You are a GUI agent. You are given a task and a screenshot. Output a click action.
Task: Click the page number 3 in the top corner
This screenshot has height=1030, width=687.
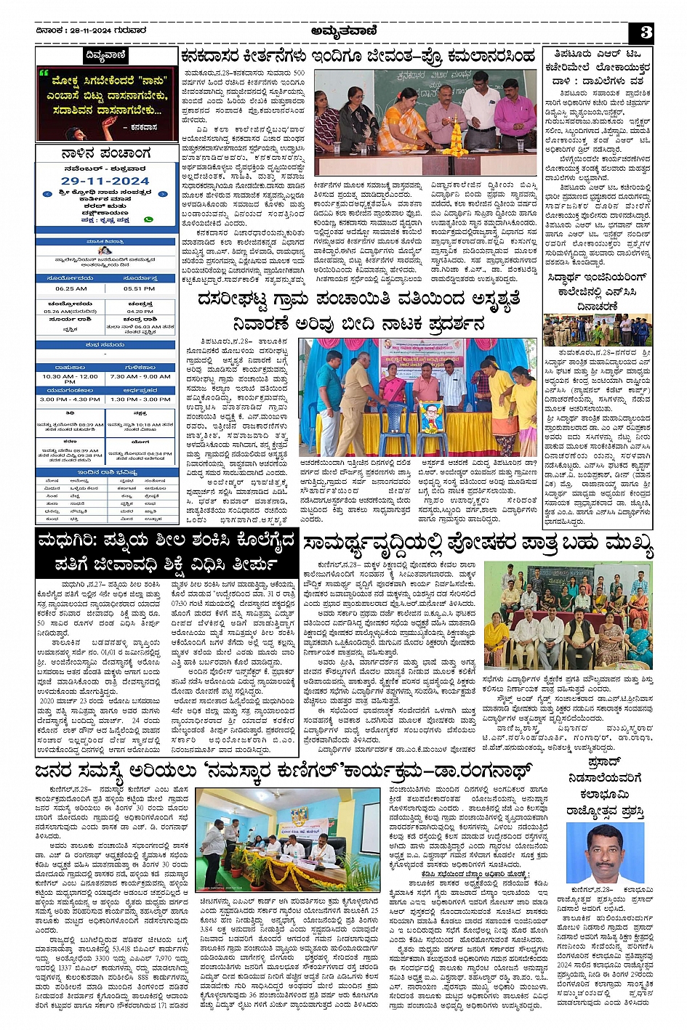click(646, 32)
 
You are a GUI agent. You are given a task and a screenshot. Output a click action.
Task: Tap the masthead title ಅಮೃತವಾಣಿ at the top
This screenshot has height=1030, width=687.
click(343, 31)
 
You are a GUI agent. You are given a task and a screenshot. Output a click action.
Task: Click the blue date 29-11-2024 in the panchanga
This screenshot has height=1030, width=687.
click(105, 181)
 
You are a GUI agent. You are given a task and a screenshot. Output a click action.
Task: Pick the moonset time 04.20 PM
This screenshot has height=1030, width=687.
click(140, 312)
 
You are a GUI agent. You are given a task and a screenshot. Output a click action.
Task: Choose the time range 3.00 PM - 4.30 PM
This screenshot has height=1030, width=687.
click(70, 399)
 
